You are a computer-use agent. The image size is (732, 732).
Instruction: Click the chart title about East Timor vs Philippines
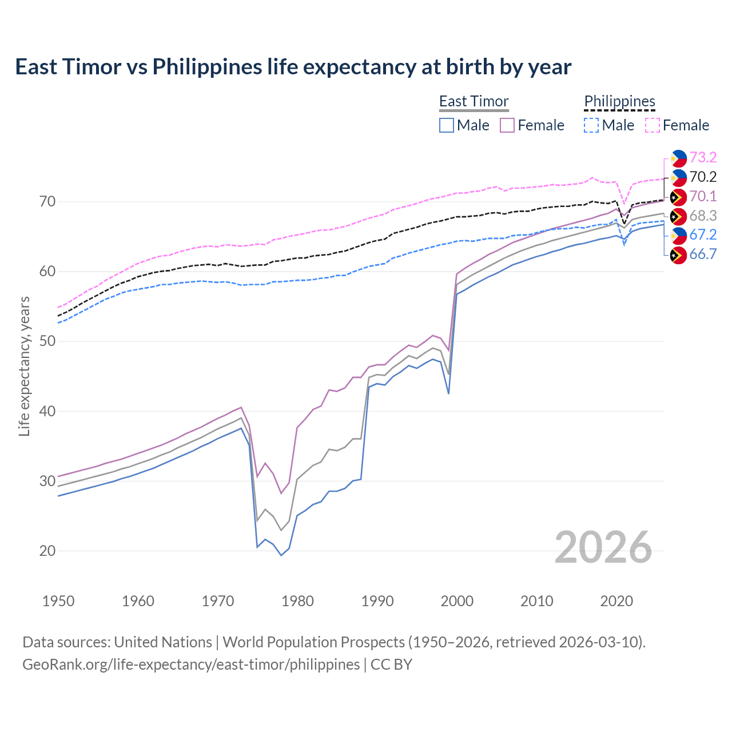tap(293, 67)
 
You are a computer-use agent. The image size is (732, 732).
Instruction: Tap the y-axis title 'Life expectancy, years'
tap(24, 366)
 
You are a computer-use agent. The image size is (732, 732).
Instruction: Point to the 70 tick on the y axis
tap(47, 202)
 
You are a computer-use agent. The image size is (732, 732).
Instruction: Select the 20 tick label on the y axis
tap(47, 551)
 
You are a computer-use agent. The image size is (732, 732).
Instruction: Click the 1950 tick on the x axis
tap(58, 601)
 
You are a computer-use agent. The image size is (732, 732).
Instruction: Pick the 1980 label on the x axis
tap(297, 601)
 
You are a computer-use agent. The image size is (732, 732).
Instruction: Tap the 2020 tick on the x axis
tap(616, 601)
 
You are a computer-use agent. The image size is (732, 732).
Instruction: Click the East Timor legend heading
tap(474, 101)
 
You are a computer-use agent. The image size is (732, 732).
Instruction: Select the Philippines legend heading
tap(619, 101)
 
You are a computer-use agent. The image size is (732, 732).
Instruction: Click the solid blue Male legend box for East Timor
tap(447, 125)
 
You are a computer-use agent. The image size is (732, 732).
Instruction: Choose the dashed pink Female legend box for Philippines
tap(653, 125)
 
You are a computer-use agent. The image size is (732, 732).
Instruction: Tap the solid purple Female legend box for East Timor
tap(507, 125)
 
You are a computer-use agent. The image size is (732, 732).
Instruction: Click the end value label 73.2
tap(703, 157)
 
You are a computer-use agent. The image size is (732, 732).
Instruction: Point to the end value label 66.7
tap(703, 254)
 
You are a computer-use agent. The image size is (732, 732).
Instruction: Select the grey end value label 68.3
tap(703, 216)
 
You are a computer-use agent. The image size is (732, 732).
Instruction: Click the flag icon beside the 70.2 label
tap(678, 177)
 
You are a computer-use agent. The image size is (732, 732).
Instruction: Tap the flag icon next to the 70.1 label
tap(678, 197)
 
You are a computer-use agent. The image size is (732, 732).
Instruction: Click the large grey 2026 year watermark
tap(603, 547)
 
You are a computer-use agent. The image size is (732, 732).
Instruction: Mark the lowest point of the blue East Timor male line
tap(281, 555)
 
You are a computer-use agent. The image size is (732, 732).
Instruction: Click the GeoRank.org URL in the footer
tap(191, 665)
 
